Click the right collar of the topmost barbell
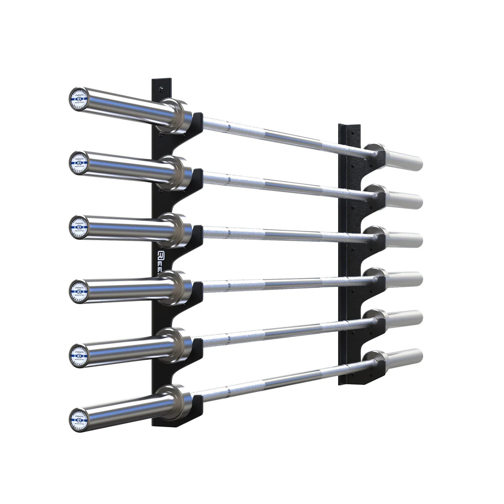[x=374, y=152]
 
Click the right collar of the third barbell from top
[x=374, y=234]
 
